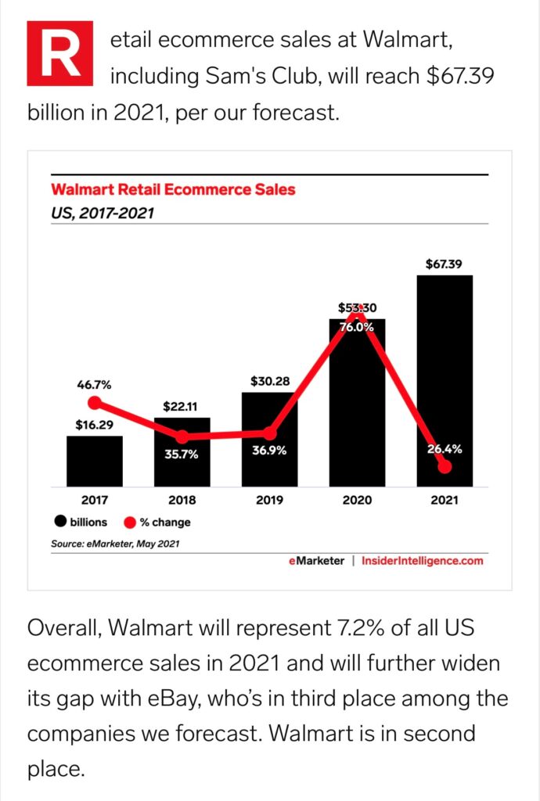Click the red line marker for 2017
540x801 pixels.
(95, 404)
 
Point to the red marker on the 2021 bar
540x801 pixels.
(445, 467)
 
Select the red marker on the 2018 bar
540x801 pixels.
(182, 436)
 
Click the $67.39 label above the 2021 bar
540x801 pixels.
(444, 264)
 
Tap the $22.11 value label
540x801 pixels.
(182, 407)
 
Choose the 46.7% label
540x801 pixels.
(94, 385)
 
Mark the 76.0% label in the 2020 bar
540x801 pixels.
(357, 327)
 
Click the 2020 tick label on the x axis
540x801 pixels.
(357, 500)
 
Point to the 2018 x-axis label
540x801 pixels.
(182, 500)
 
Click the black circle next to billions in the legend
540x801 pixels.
(59, 522)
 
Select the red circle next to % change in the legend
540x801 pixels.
(130, 522)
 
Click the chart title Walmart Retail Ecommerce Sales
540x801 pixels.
(173, 189)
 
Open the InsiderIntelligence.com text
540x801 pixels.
(423, 561)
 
